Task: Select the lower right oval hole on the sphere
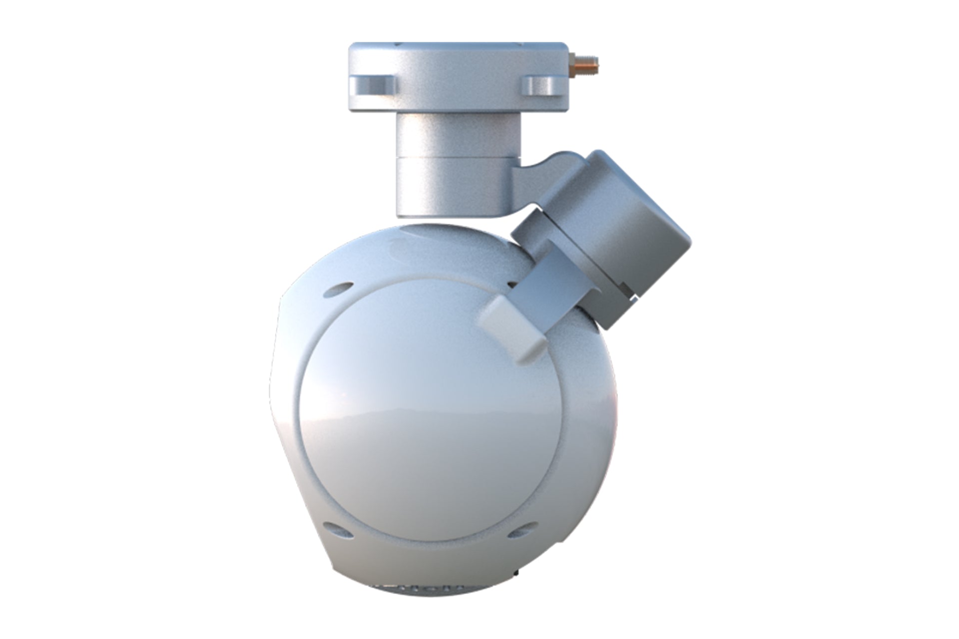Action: (520, 531)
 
